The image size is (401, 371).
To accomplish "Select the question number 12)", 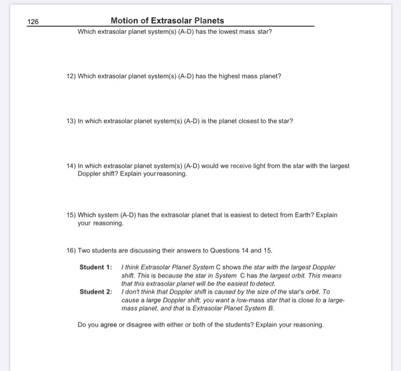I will click(71, 76).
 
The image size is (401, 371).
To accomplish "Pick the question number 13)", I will click(71, 121).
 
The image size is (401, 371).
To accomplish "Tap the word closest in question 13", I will click(245, 121).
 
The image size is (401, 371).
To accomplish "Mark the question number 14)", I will click(71, 165).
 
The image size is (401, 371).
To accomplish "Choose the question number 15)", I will click(71, 215).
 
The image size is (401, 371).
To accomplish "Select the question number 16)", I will click(71, 251).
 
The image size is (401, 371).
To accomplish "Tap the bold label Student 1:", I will click(96, 267).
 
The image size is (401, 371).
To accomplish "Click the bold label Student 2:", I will click(96, 291).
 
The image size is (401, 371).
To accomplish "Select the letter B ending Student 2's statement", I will click(272, 307).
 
